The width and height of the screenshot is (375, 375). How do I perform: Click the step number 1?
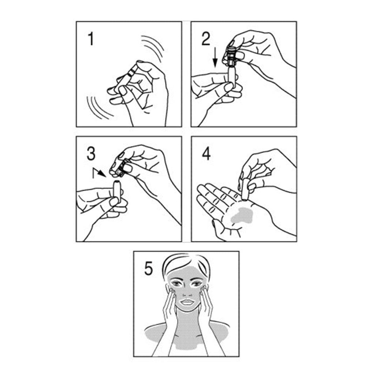(x=91, y=39)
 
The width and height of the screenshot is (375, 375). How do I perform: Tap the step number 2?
(x=206, y=39)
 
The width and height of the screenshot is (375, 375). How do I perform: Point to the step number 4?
(x=207, y=153)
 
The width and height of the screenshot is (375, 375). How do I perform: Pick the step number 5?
(x=149, y=268)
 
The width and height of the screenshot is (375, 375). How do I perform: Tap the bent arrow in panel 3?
(x=99, y=173)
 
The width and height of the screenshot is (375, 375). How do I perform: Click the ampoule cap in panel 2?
(x=231, y=56)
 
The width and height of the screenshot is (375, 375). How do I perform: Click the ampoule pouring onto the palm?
(x=245, y=189)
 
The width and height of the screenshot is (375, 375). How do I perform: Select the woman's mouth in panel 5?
(x=188, y=302)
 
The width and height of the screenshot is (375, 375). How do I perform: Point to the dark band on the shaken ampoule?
(x=130, y=73)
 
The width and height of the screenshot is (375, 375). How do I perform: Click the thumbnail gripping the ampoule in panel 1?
(x=123, y=90)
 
